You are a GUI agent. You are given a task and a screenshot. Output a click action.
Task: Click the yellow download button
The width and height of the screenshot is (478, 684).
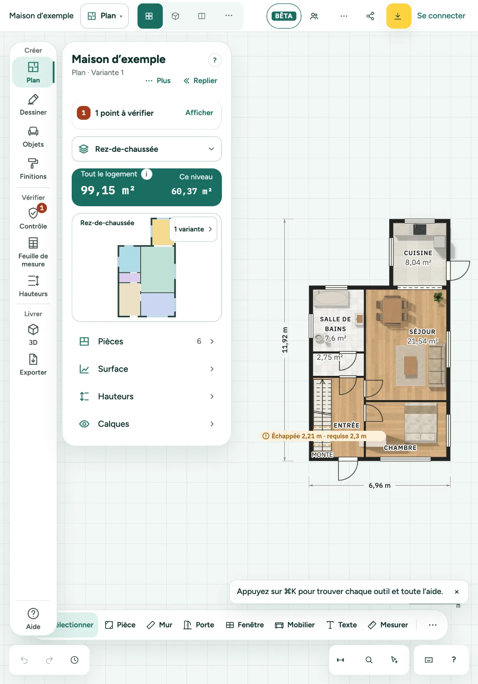[x=398, y=16]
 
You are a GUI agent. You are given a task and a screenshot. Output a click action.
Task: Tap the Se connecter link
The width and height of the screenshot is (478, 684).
[x=441, y=16]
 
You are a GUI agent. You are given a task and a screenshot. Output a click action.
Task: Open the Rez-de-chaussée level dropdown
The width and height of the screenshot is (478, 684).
[x=147, y=149]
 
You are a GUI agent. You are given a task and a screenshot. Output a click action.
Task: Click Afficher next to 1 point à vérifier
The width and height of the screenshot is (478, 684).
[x=199, y=113]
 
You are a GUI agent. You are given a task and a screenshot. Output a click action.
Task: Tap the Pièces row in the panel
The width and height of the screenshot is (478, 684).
[x=147, y=341]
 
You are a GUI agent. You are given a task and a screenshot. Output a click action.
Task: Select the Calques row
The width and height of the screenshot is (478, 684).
[x=147, y=424]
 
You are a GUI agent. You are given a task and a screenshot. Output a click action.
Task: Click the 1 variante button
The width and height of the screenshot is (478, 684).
[x=193, y=229]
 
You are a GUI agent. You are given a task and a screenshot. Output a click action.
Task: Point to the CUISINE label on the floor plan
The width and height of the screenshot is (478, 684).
[x=418, y=253]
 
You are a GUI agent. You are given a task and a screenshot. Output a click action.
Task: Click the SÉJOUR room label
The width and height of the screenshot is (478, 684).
[x=422, y=332]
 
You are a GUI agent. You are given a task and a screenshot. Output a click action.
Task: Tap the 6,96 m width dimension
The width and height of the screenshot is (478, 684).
[x=380, y=485]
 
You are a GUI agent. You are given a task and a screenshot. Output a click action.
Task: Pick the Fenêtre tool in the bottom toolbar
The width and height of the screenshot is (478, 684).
[x=245, y=625]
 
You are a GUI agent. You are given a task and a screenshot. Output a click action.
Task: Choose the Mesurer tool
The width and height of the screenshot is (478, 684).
[x=388, y=625]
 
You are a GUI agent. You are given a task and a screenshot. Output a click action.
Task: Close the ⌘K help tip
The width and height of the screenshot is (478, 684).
[x=456, y=592]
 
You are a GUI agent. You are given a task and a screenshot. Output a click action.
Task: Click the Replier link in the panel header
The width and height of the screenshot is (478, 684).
[x=200, y=80]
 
